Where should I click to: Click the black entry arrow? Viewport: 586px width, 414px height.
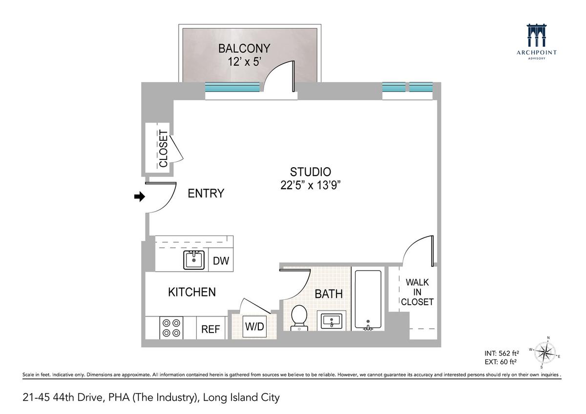pyautogui.click(x=140, y=197)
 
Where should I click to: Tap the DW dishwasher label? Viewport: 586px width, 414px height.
pyautogui.click(x=221, y=261)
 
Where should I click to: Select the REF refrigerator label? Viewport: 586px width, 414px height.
pyautogui.click(x=210, y=329)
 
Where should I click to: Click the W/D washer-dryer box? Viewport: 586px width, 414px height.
pyautogui.click(x=254, y=326)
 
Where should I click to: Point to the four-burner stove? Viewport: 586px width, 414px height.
pyautogui.click(x=171, y=328)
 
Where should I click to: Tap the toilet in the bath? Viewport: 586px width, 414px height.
pyautogui.click(x=299, y=318)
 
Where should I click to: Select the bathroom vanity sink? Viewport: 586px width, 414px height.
pyautogui.click(x=332, y=320)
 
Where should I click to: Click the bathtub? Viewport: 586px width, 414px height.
pyautogui.click(x=368, y=299)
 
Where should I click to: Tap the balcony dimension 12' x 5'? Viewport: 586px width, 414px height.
pyautogui.click(x=245, y=62)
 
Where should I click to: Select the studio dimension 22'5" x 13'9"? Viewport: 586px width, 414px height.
pyautogui.click(x=310, y=185)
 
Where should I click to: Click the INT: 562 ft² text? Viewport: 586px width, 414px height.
pyautogui.click(x=502, y=353)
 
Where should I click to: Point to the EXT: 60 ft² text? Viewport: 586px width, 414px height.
pyautogui.click(x=500, y=362)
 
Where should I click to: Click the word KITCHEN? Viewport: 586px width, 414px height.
pyautogui.click(x=192, y=292)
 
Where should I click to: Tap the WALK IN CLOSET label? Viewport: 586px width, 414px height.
pyautogui.click(x=417, y=292)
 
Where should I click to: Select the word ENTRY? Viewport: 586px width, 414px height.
pyautogui.click(x=206, y=193)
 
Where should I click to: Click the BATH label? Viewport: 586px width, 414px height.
pyautogui.click(x=329, y=294)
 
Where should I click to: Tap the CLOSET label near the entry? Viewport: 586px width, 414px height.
pyautogui.click(x=163, y=149)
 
